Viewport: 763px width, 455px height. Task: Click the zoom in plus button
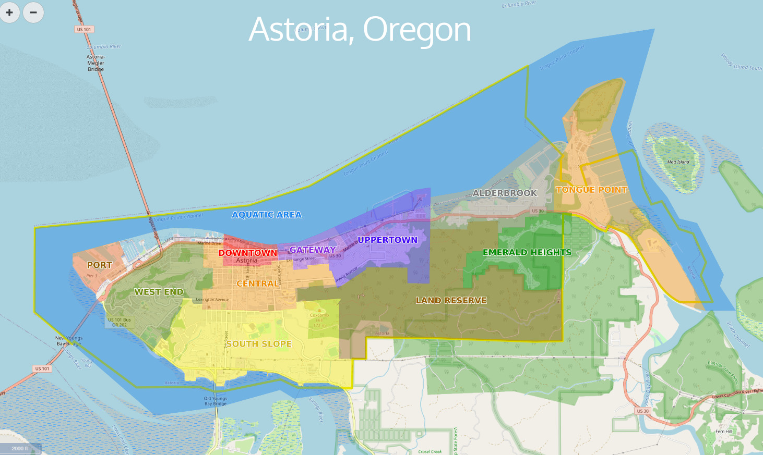[x=9, y=13]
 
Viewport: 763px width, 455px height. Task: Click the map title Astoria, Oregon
[x=360, y=29]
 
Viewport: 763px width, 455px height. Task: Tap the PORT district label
[x=99, y=265]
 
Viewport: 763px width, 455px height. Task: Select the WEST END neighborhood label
[x=159, y=292]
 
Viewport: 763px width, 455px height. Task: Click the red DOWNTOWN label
[x=247, y=253]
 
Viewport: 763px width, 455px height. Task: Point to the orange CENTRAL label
[x=258, y=284]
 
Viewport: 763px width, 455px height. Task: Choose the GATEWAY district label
[x=312, y=250]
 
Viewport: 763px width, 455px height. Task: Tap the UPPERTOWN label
[x=387, y=240]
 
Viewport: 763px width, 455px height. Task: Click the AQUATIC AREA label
[x=267, y=215]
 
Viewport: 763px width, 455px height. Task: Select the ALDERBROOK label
[x=505, y=193]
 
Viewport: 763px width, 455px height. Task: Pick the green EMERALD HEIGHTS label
[x=527, y=252]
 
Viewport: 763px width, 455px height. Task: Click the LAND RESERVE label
[x=451, y=300]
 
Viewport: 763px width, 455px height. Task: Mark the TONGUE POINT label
[x=591, y=190]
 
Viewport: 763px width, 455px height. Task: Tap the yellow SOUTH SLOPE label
[x=259, y=344]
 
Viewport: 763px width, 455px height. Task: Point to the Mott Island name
[x=678, y=162]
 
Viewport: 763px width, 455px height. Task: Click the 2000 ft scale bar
[x=20, y=448]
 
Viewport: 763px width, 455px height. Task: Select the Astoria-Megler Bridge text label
[x=96, y=63]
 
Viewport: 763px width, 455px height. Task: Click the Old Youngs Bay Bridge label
[x=215, y=401]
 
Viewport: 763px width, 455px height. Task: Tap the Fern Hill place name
[x=723, y=432]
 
